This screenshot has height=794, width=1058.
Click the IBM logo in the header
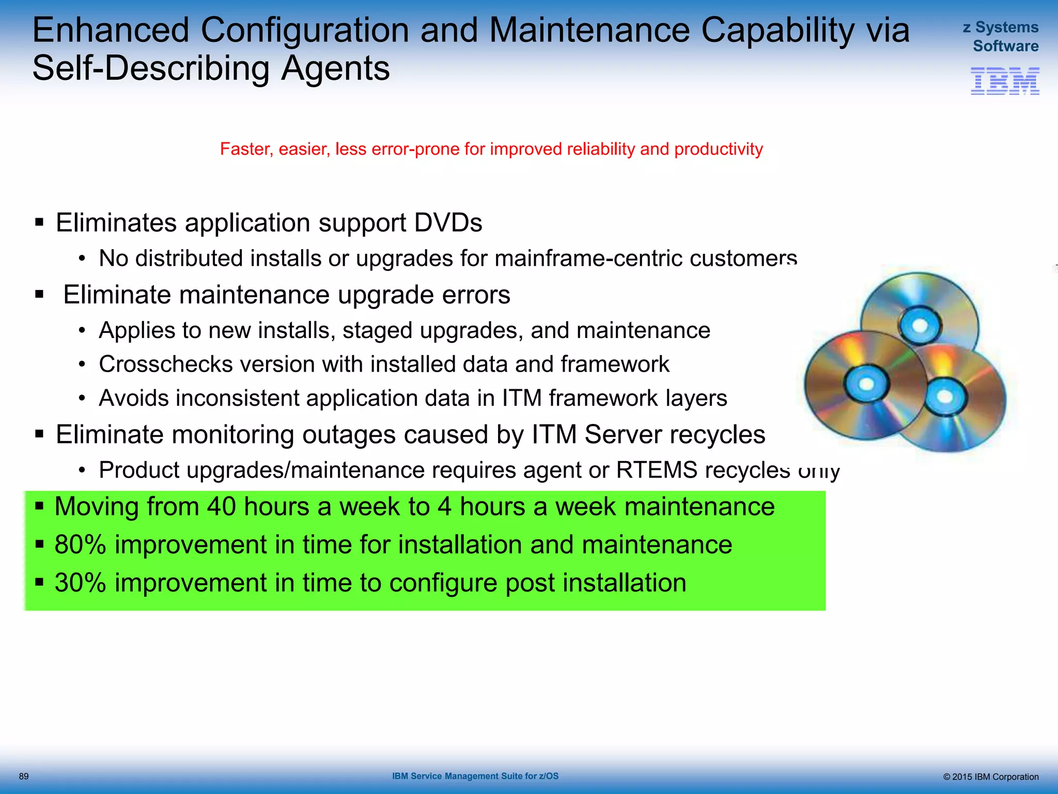(1005, 81)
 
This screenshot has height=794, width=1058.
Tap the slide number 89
(24, 776)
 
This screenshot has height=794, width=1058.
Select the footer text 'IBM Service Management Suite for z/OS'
(475, 776)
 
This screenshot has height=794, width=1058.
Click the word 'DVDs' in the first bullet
(448, 223)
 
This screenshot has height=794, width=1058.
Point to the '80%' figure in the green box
(80, 545)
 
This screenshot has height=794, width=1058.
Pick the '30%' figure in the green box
(80, 583)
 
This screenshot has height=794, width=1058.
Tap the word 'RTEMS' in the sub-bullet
(657, 470)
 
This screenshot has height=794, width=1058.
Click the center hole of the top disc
(920, 326)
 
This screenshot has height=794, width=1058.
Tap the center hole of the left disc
(866, 384)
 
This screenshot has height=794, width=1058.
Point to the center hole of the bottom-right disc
(945, 397)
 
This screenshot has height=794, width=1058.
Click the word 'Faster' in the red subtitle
(245, 149)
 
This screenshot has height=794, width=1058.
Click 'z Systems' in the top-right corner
(1000, 27)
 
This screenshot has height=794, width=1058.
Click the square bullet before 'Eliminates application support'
(39, 223)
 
